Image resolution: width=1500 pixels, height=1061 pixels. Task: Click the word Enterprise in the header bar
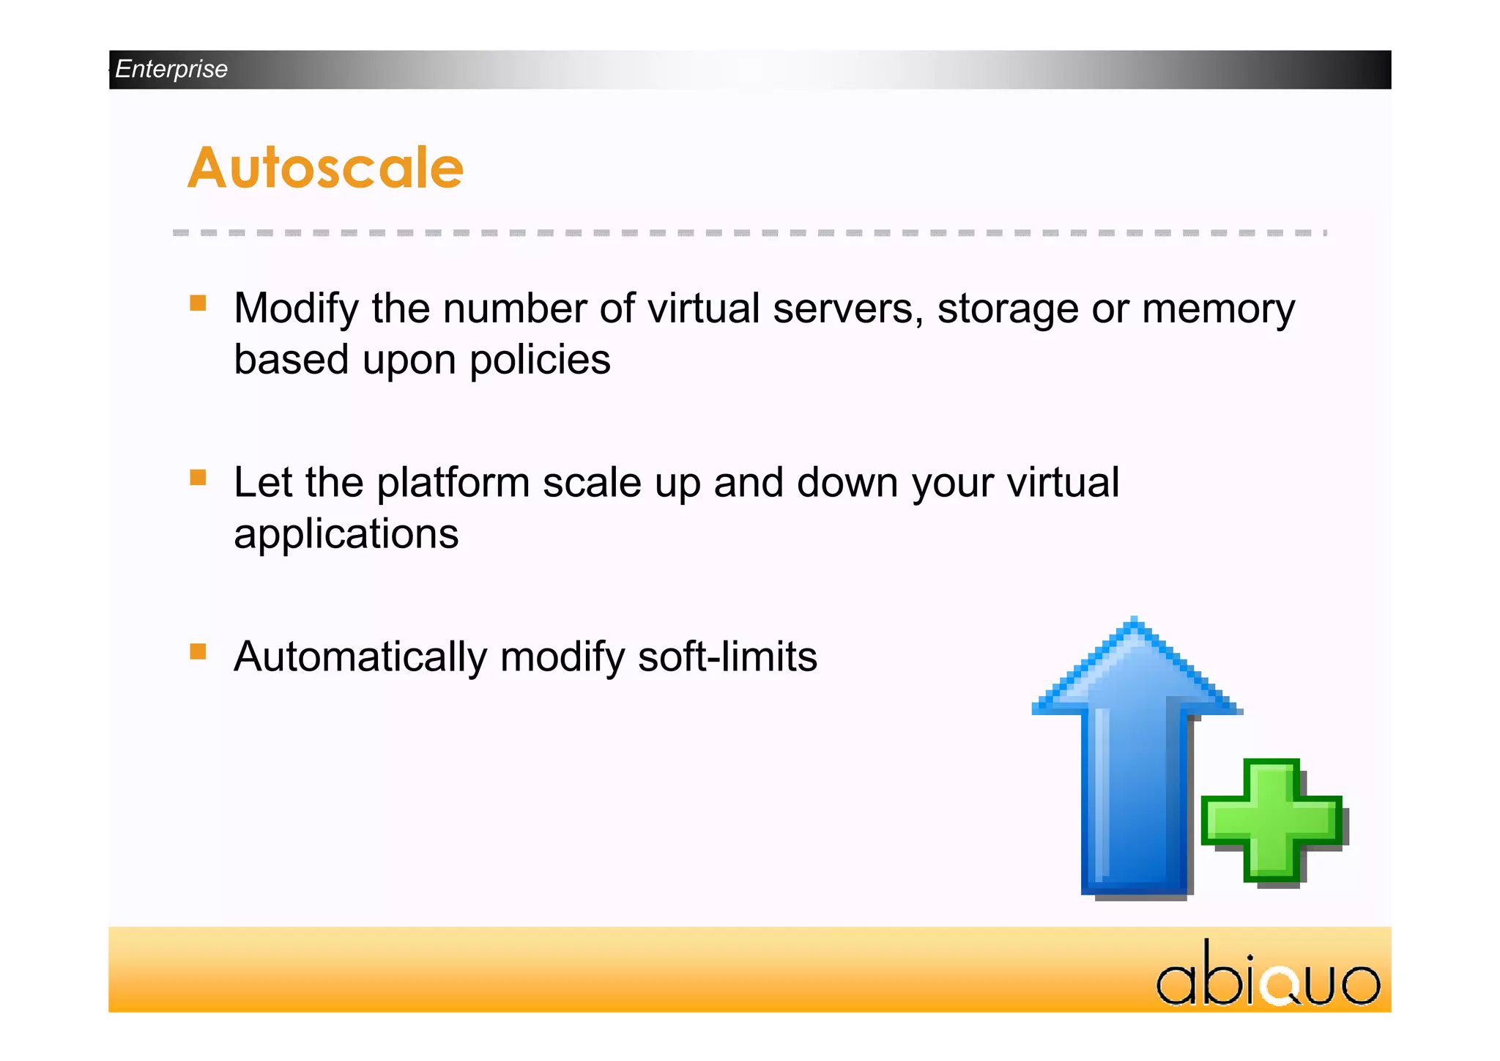click(171, 69)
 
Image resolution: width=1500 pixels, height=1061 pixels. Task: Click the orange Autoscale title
click(326, 168)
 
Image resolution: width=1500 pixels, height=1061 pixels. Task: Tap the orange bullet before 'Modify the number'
click(198, 303)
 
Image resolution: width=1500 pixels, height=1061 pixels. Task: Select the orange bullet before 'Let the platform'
click(198, 478)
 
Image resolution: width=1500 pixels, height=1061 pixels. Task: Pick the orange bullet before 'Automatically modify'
click(198, 651)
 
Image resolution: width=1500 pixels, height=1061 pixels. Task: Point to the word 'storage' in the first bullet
click(1008, 308)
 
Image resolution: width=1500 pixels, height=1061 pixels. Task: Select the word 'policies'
click(540, 360)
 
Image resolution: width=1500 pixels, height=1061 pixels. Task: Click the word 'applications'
click(346, 534)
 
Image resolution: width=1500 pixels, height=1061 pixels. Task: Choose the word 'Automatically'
click(360, 657)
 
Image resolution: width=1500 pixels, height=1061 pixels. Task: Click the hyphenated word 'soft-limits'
click(727, 657)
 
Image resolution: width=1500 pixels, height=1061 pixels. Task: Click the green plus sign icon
click(1272, 821)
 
